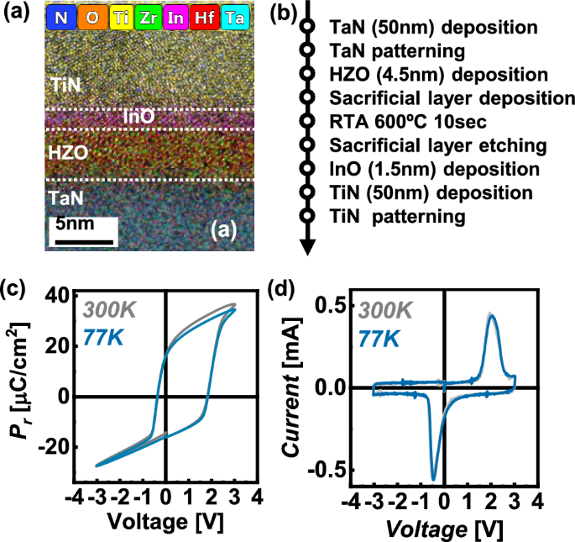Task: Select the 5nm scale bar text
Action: [x=75, y=225]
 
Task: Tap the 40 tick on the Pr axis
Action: [x=60, y=295]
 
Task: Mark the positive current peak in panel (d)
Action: [x=491, y=316]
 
